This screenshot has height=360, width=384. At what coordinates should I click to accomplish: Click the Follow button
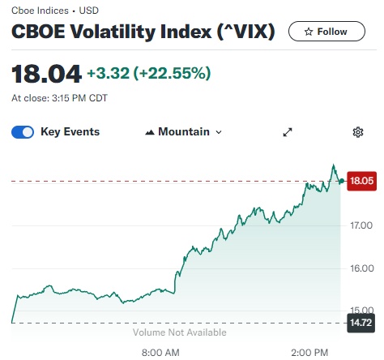(326, 32)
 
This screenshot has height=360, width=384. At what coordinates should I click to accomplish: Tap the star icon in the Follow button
(309, 32)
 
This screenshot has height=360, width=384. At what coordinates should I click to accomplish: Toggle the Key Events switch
(23, 132)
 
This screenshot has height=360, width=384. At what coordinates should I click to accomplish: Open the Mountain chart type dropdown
(184, 132)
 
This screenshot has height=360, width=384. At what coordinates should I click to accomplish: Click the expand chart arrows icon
(288, 132)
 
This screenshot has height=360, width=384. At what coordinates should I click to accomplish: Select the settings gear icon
(358, 132)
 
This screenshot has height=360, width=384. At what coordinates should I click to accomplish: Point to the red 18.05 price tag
(361, 181)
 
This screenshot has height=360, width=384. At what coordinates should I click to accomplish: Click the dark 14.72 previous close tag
(361, 323)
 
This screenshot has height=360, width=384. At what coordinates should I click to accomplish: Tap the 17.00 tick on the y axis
(361, 225)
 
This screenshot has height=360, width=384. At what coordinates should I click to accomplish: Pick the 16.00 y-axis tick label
(362, 268)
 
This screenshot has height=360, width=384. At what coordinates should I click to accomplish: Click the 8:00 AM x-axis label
(160, 353)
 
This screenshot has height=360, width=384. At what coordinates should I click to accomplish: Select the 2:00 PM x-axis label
(309, 353)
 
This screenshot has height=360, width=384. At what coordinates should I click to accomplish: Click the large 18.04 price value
(46, 74)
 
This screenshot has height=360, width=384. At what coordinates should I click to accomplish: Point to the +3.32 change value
(108, 73)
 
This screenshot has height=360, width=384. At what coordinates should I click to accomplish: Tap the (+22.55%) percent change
(172, 73)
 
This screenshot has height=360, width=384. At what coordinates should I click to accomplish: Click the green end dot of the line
(342, 181)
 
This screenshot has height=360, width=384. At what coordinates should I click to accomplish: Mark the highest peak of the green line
(334, 165)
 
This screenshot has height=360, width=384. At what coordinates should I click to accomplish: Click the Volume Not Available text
(180, 332)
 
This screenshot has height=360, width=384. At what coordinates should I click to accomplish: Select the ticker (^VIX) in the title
(245, 32)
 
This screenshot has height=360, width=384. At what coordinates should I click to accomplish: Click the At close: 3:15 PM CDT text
(59, 98)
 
